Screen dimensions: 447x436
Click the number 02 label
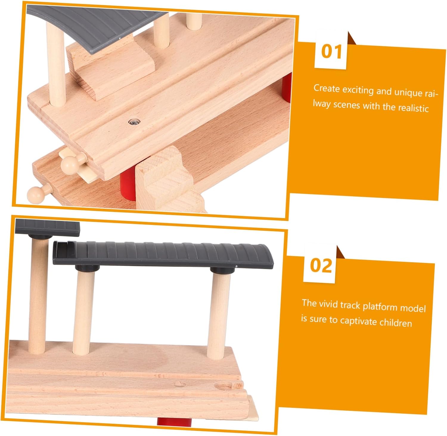(321, 265)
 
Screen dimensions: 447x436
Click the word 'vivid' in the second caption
(328, 304)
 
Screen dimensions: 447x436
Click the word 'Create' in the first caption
(327, 88)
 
